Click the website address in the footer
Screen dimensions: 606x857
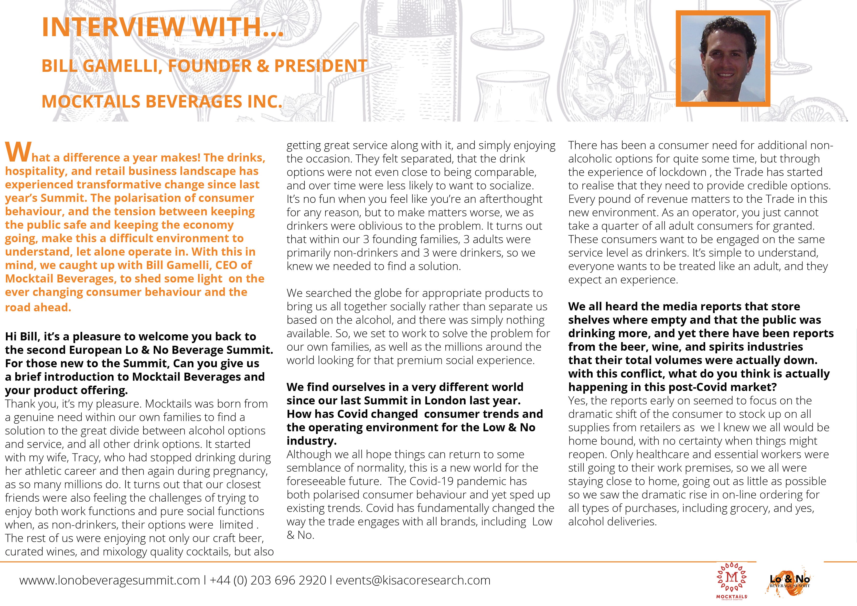tap(110, 580)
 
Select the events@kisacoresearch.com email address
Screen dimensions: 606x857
tap(413, 580)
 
